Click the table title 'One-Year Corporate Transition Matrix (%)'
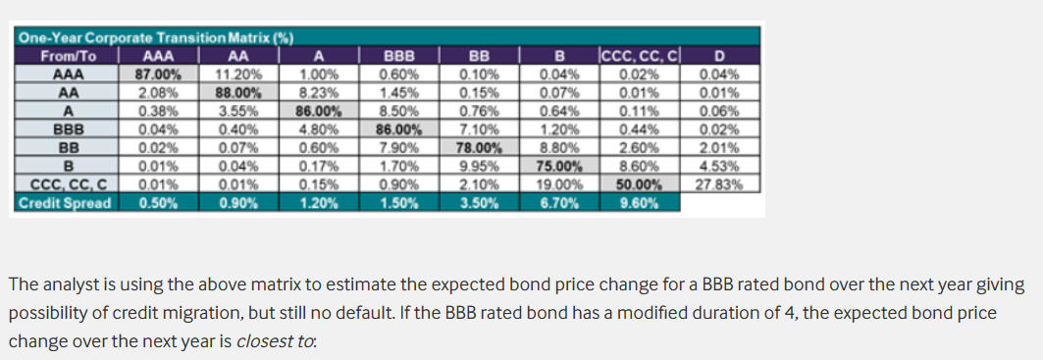(x=155, y=37)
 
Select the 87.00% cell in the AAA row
(x=159, y=74)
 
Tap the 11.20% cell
(x=239, y=74)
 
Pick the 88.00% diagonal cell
(x=239, y=92)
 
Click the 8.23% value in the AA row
(x=319, y=92)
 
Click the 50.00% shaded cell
(x=639, y=184)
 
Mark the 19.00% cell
(x=559, y=184)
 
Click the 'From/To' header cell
(x=68, y=56)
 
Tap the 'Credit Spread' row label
(x=65, y=203)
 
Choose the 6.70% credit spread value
(x=559, y=203)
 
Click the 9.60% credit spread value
(x=639, y=203)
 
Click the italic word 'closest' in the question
(x=265, y=341)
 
